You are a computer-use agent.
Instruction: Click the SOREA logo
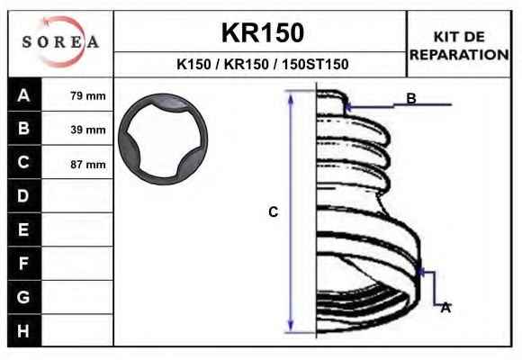[x=60, y=41]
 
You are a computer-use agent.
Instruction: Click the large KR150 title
[x=263, y=32]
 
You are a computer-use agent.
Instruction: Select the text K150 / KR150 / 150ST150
[x=263, y=64]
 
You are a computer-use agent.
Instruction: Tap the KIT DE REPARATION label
[x=459, y=46]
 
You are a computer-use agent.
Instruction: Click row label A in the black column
[x=23, y=95]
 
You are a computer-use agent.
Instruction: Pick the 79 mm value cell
[x=88, y=96]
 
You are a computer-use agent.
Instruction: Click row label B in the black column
[x=23, y=128]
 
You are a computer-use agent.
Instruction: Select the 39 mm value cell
[x=88, y=130]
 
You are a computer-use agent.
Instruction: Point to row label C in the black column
[x=23, y=162]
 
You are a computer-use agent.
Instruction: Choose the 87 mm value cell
[x=88, y=165]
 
